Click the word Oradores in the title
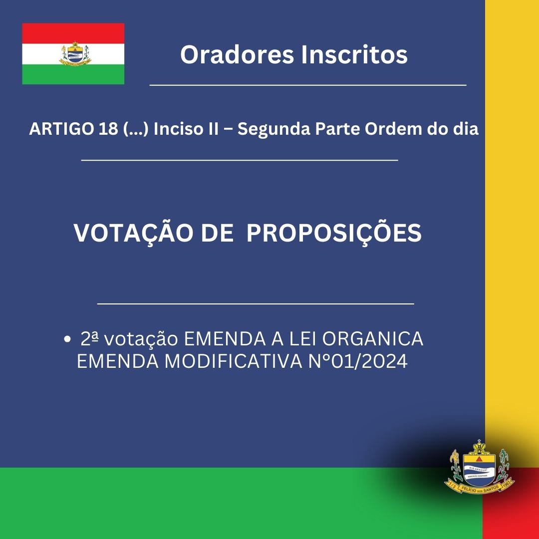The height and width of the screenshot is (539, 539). coord(237,54)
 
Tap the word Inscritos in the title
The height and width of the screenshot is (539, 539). coord(354,54)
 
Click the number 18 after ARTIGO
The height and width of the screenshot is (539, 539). coord(108,129)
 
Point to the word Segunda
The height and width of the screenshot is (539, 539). coord(274,129)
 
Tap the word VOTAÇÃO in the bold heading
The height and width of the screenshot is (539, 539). coord(133,234)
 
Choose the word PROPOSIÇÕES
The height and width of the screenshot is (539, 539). coord(334,234)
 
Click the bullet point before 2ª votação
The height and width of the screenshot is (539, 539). coord(67,339)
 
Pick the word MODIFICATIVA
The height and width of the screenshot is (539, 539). coord(234,361)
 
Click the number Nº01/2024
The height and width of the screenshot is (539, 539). coord(358,361)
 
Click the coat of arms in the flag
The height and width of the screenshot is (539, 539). coord(75,53)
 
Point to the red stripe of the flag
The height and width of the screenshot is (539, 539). coord(73,33)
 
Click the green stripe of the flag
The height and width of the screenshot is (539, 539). coord(73,74)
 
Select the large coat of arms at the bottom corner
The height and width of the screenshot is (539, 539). coord(479,467)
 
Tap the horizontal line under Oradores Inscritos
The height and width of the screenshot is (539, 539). coord(308,84)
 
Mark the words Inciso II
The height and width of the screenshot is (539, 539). coord(186,129)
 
